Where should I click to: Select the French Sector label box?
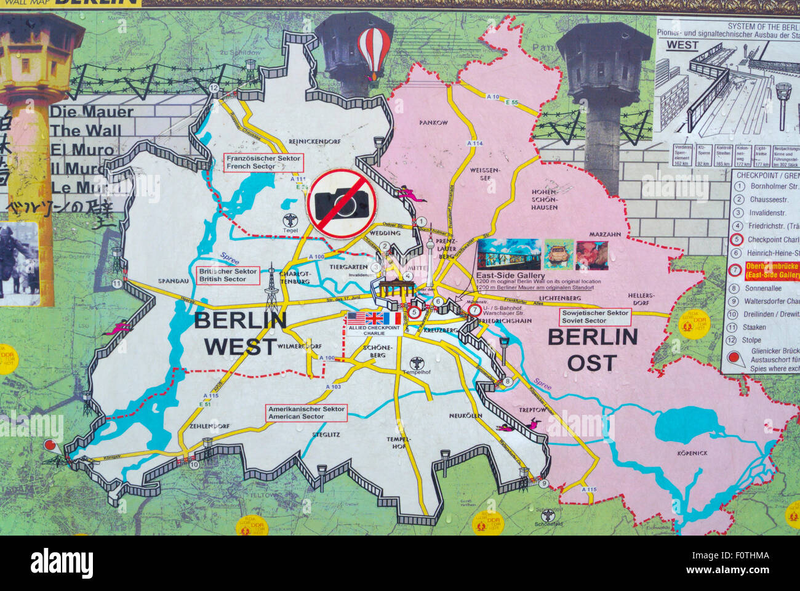pos(263,163)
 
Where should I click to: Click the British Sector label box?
pos(227,275)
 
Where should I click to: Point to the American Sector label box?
pos(306,412)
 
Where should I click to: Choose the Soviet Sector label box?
pos(595,316)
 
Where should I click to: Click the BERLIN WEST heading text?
pos(240,333)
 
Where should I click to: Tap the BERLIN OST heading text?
pos(592,349)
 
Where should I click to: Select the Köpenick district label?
pos(692,453)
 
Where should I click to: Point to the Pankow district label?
pos(433,123)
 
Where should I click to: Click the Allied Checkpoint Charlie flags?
pos(374,318)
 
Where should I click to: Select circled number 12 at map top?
pos(214,88)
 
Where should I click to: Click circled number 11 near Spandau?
pos(117,284)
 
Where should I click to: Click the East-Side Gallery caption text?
pos(510,275)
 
